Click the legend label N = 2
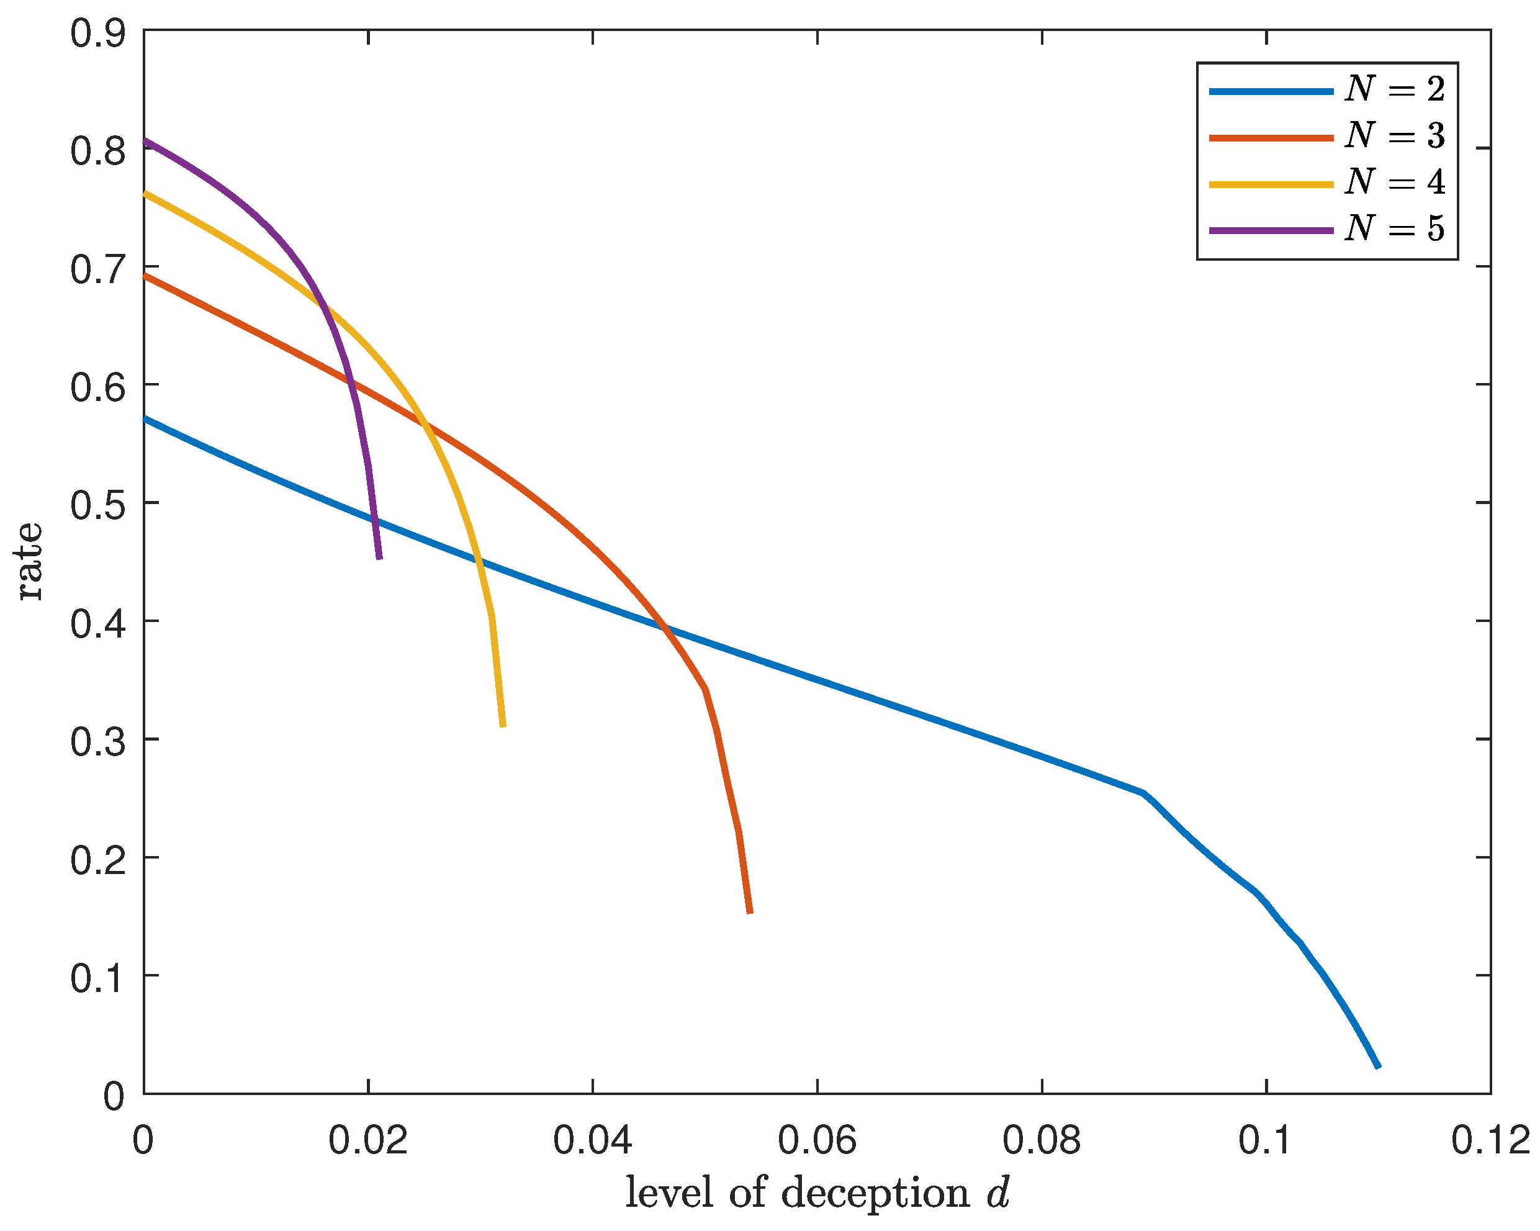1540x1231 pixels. (1394, 89)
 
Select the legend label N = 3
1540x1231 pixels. (1394, 136)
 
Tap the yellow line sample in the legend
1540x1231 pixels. (1271, 184)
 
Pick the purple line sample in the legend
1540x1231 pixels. (1271, 231)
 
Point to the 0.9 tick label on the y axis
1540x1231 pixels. (98, 33)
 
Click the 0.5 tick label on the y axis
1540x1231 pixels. (98, 505)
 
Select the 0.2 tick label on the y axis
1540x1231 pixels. (98, 859)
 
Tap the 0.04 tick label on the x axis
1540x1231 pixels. (592, 1140)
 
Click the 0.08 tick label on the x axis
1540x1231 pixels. (1042, 1140)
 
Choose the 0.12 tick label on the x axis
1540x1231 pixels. (1490, 1140)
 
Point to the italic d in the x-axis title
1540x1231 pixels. (998, 1192)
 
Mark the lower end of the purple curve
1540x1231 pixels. (379, 558)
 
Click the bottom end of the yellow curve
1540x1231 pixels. (503, 726)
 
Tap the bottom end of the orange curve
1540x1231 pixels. (750, 913)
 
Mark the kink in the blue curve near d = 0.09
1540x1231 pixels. (1143, 793)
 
